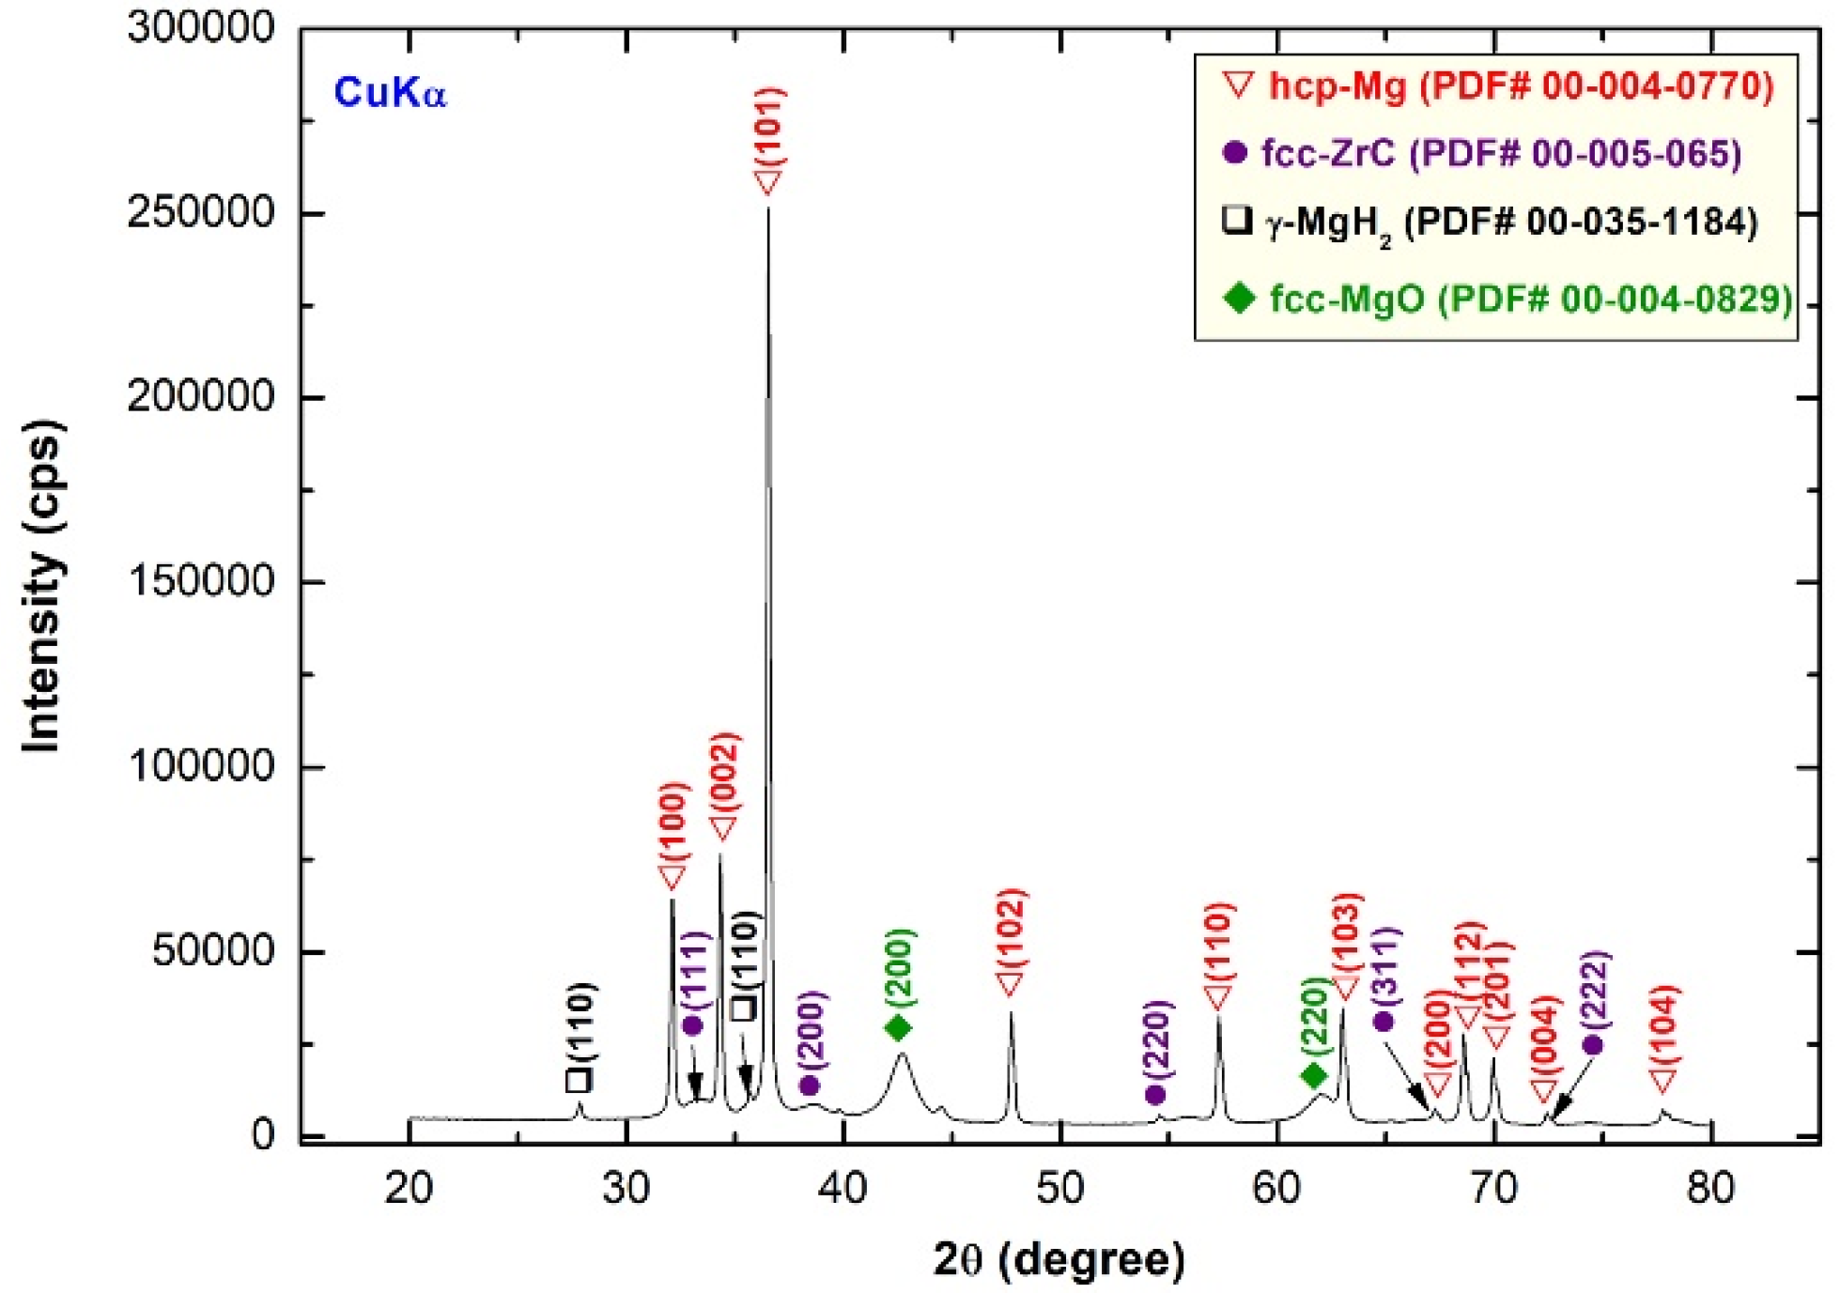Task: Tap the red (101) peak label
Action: click(769, 127)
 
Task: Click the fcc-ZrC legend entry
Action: click(1484, 153)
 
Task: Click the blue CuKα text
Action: click(389, 93)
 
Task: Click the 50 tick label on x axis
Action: click(1059, 1189)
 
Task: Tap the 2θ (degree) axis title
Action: click(1059, 1259)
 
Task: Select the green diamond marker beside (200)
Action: click(898, 1028)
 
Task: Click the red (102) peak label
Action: click(1011, 928)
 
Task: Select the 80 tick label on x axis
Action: click(1710, 1189)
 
